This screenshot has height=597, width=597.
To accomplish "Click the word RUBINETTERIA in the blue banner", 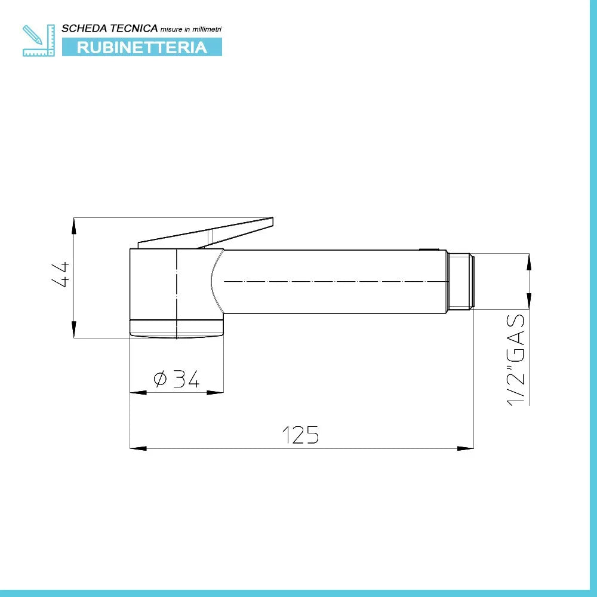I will [142, 47].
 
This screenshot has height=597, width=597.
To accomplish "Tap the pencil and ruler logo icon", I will [38, 40].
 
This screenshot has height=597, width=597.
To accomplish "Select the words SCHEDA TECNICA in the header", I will [110, 28].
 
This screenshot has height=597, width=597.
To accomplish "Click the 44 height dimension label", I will [62, 275].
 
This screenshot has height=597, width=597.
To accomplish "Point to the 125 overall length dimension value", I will [300, 435].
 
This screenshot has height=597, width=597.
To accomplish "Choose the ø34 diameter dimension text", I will [176, 378].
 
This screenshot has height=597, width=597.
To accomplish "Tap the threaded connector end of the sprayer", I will [460, 281].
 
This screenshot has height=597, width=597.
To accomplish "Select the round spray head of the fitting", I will [177, 293].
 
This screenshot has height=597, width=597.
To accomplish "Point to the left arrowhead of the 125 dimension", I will [138, 448].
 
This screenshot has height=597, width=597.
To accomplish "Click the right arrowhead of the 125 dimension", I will [466, 448].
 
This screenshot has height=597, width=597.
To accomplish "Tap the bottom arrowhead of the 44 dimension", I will [74, 330].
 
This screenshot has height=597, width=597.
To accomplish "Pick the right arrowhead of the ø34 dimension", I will [216, 392].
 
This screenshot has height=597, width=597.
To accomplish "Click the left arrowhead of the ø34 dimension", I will [138, 392].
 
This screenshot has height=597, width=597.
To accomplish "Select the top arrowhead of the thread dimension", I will [529, 261].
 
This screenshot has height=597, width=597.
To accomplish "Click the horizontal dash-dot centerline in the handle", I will [334, 281].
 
